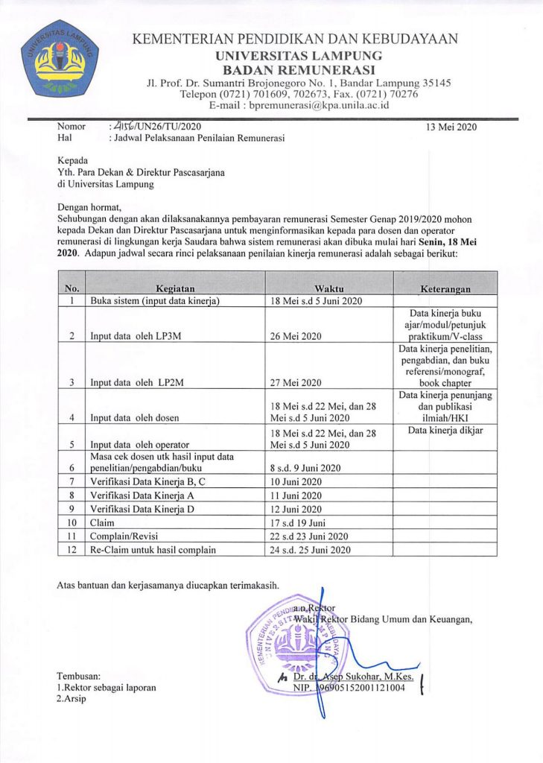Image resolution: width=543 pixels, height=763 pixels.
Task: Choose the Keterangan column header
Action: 445,288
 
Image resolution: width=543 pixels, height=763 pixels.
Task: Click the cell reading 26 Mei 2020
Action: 296,336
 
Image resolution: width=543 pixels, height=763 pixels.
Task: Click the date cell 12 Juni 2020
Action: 296,509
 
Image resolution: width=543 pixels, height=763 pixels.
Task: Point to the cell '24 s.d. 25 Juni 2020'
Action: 308,550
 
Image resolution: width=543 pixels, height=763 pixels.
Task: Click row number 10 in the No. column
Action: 72,523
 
